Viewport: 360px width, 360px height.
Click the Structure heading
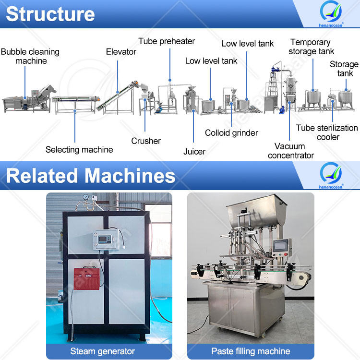(50, 14)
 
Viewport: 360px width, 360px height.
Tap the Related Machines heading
(90, 176)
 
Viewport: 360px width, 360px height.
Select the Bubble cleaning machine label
(30, 56)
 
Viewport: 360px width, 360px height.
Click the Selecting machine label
(79, 150)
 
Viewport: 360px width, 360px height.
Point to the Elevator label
(121, 51)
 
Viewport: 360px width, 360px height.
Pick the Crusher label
(146, 141)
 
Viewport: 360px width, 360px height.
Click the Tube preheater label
(167, 41)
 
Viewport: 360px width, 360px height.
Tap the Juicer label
(194, 152)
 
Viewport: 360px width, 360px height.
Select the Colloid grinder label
(231, 133)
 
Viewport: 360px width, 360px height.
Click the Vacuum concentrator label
(290, 151)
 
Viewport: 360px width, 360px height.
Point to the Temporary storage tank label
(311, 47)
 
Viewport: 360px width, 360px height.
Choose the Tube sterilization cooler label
(327, 132)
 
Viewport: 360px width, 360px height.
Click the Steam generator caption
(103, 351)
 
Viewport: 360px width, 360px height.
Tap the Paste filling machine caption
(251, 351)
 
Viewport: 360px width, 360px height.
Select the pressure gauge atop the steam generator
(85, 197)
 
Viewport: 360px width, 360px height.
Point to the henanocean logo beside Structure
(331, 13)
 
